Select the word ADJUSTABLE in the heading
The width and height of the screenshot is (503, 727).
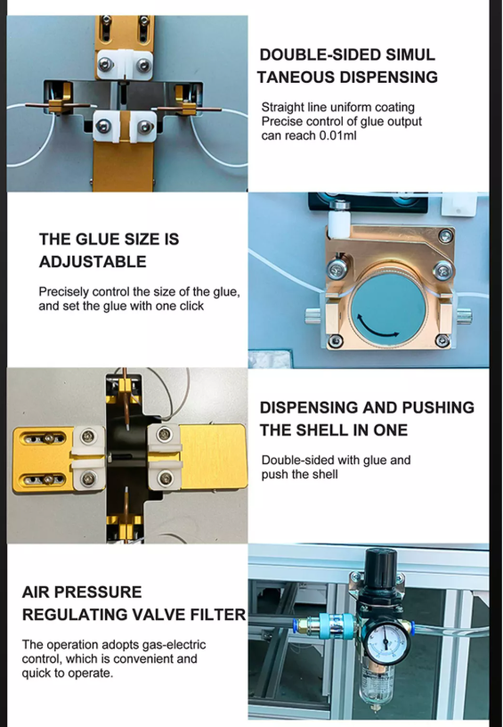point(93,262)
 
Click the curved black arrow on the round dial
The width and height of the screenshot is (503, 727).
point(377,328)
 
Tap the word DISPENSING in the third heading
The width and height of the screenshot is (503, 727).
point(309,407)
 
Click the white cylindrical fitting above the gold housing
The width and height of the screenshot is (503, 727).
point(339,222)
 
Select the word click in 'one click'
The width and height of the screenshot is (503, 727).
point(191,306)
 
